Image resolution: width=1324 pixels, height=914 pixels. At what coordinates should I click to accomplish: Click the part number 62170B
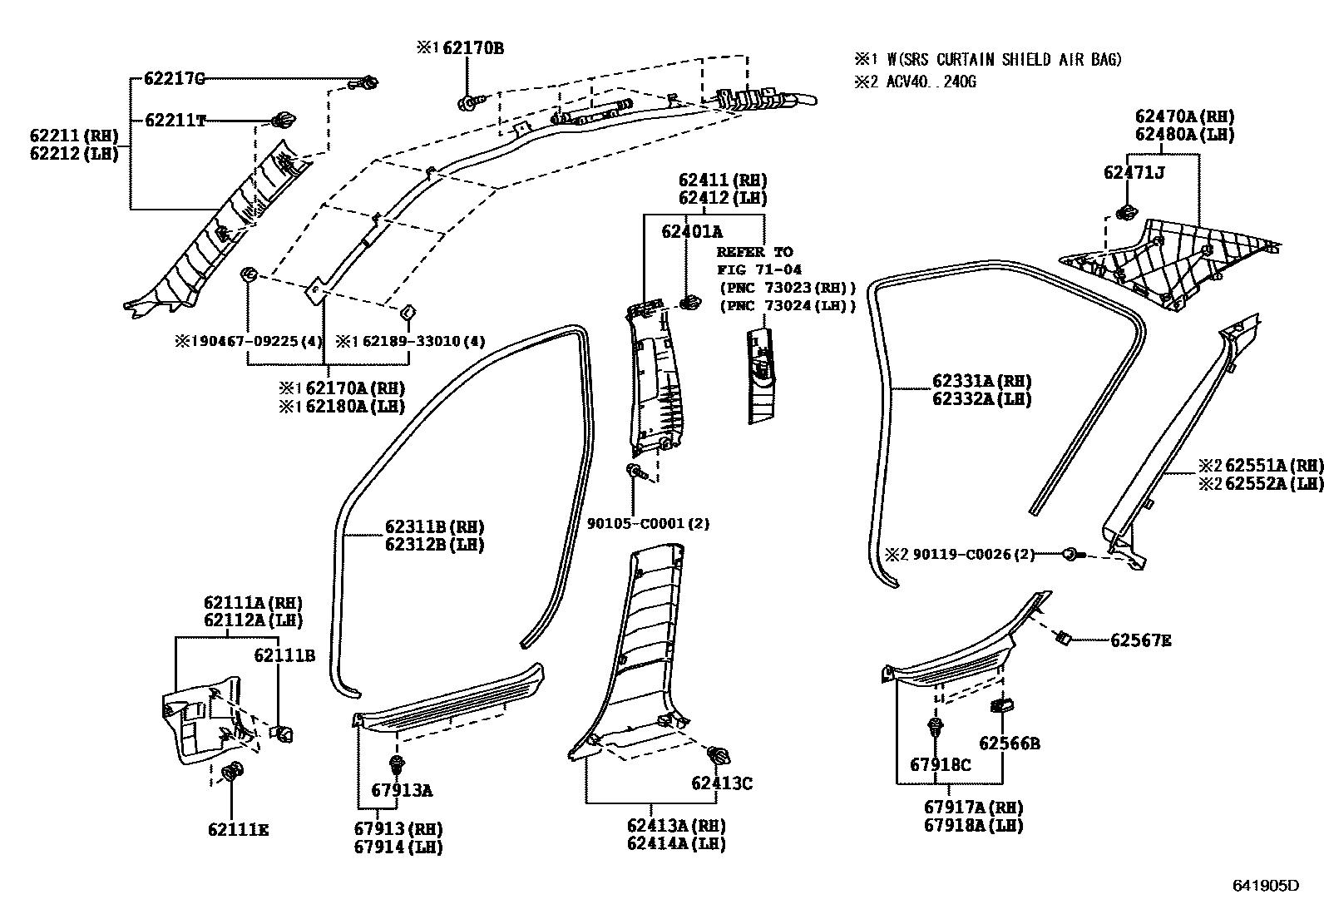(472, 48)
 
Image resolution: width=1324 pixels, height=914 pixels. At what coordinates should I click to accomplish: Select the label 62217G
(174, 79)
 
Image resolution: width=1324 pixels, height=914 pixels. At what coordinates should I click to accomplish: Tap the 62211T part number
(175, 121)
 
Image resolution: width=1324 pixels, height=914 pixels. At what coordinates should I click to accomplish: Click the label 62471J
(1134, 172)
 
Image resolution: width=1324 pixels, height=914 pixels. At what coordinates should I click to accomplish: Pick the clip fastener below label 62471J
(1127, 212)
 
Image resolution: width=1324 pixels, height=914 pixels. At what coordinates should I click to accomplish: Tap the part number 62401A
(692, 232)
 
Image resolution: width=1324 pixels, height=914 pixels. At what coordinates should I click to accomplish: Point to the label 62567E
(1140, 640)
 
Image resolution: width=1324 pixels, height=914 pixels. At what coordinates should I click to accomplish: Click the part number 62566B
(1009, 744)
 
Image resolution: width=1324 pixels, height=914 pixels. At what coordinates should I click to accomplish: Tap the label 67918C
(940, 765)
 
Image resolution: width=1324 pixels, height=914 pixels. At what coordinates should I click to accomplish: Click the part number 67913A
(402, 791)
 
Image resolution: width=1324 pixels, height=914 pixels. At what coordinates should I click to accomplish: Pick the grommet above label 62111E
(233, 772)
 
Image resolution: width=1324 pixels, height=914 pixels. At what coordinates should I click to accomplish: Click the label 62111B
(284, 655)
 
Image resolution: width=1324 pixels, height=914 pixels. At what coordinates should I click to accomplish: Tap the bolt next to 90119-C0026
(1073, 554)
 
